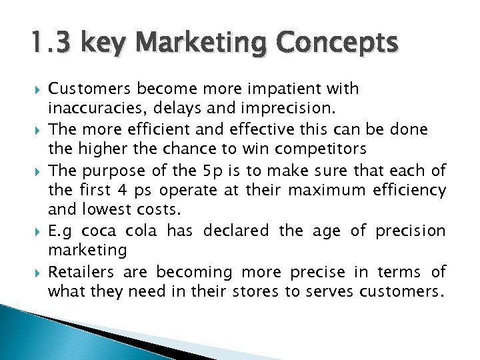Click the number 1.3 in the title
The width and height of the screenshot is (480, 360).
(52, 44)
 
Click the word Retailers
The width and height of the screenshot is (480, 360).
(85, 272)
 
